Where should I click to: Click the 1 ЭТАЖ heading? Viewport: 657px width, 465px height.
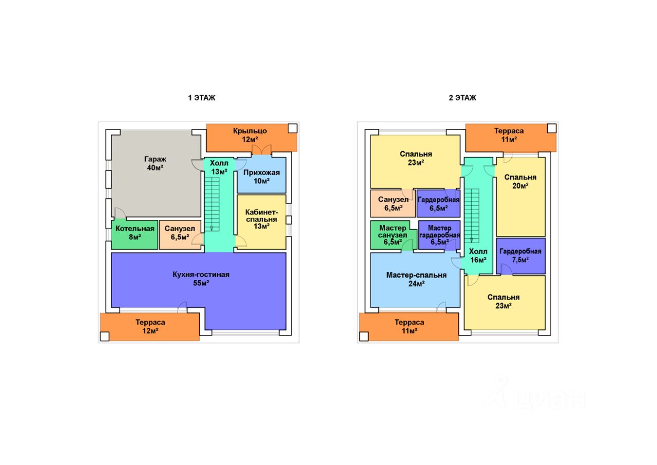pyautogui.click(x=201, y=98)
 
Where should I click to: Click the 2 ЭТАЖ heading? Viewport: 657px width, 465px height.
pyautogui.click(x=462, y=98)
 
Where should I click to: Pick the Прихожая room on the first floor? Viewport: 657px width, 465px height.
pyautogui.click(x=261, y=177)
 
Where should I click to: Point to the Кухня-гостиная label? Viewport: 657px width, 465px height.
pyautogui.click(x=201, y=274)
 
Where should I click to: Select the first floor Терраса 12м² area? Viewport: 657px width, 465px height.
pyautogui.click(x=150, y=326)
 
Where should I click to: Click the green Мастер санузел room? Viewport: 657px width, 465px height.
pyautogui.click(x=393, y=235)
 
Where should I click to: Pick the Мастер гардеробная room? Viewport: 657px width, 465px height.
pyautogui.click(x=439, y=235)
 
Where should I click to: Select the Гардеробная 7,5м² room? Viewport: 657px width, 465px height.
pyautogui.click(x=520, y=256)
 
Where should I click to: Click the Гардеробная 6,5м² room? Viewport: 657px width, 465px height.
pyautogui.click(x=438, y=203)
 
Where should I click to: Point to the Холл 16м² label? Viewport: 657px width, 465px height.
pyautogui.click(x=478, y=256)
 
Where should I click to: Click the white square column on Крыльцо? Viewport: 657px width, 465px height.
pyautogui.click(x=292, y=129)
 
